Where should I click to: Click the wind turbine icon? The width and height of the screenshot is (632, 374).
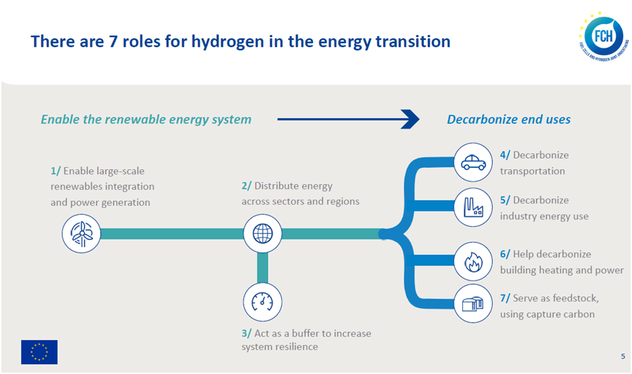[82, 234]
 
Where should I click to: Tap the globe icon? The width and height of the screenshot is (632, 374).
[263, 234]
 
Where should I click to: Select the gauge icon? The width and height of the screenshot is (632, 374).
[263, 301]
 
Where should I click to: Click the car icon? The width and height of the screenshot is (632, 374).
[473, 162]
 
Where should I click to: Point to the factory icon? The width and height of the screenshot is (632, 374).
[473, 208]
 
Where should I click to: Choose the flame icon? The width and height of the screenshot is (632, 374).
[473, 262]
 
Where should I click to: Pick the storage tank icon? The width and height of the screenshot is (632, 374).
[473, 304]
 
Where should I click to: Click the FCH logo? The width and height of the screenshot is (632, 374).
[604, 37]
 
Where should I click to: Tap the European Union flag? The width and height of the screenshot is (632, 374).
[39, 352]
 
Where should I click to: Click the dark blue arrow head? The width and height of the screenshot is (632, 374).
[410, 119]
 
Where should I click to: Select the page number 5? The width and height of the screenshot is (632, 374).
[623, 356]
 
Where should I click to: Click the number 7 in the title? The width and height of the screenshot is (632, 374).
[113, 41]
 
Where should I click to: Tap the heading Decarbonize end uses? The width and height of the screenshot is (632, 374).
[508, 119]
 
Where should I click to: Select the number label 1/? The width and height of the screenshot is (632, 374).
[55, 171]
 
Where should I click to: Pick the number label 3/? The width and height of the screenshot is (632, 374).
[246, 333]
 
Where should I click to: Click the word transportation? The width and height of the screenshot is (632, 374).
[533, 171]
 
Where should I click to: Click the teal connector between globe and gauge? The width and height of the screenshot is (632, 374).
[263, 268]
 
